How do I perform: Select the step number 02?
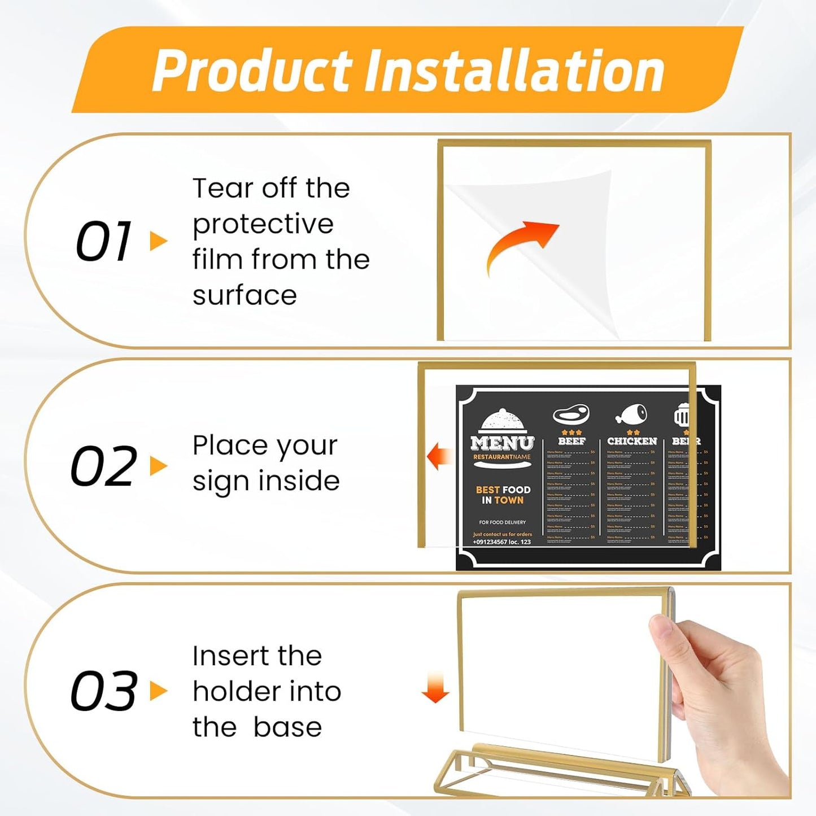click(103, 466)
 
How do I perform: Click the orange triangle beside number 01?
click(158, 241)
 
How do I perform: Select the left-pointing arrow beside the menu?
click(439, 456)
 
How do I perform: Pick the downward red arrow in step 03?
click(435, 688)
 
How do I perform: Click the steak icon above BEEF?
click(571, 415)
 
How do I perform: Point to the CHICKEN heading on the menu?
click(632, 441)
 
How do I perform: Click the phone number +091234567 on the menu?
click(502, 542)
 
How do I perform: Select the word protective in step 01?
click(263, 224)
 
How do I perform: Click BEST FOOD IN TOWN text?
click(503, 495)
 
